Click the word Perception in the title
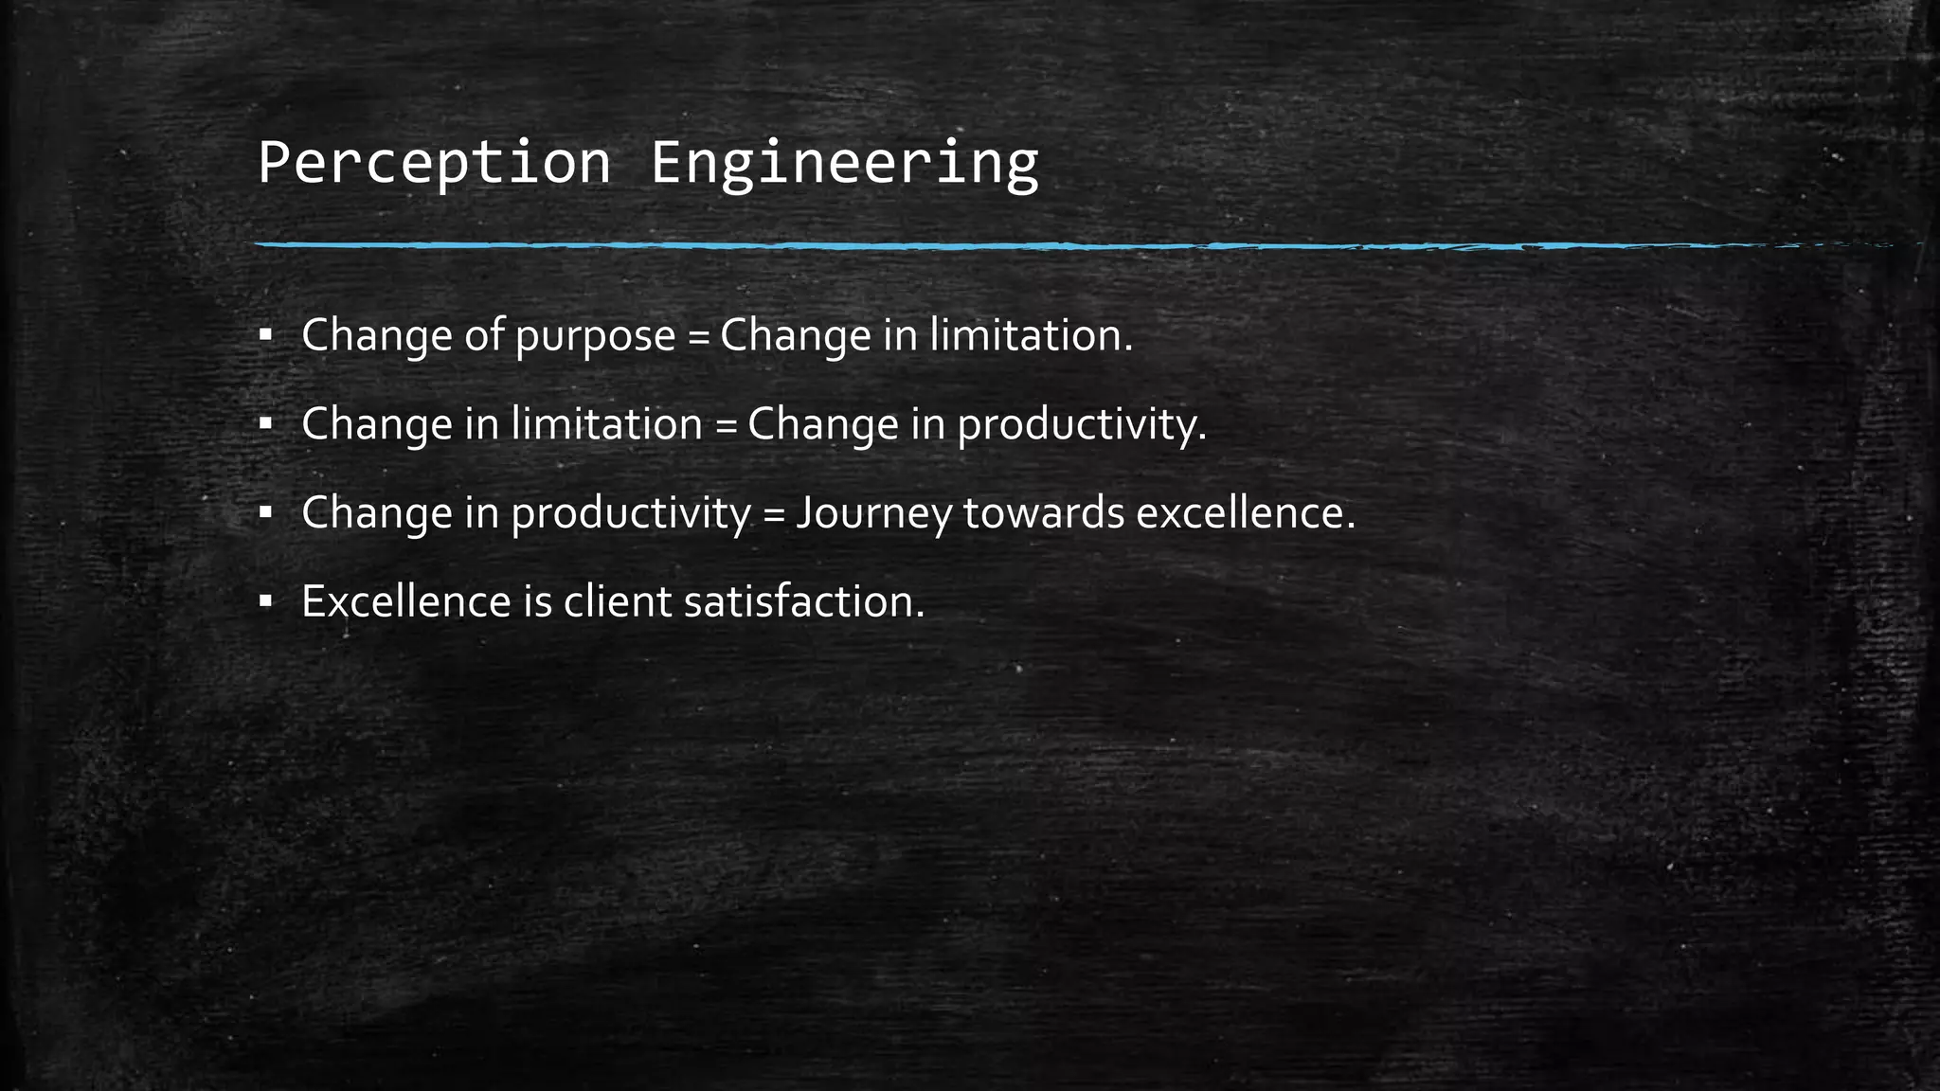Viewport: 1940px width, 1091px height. pyautogui.click(x=434, y=163)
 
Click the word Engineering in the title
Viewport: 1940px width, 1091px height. pyautogui.click(x=844, y=163)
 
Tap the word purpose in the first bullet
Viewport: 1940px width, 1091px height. pyautogui.click(x=595, y=336)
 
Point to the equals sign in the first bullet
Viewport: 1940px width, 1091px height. pyautogui.click(x=698, y=337)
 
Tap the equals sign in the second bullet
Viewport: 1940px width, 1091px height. pyautogui.click(x=726, y=425)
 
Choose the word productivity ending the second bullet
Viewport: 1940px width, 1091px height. pyautogui.click(x=1081, y=425)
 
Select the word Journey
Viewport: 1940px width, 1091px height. pyautogui.click(x=873, y=514)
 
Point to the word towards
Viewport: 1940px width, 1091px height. pyautogui.click(x=1043, y=513)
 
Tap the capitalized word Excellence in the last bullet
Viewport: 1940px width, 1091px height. pyautogui.click(x=405, y=601)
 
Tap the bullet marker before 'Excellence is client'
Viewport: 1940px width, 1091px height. pyautogui.click(x=265, y=600)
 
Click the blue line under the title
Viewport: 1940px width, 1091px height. pyautogui.click(x=947, y=245)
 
